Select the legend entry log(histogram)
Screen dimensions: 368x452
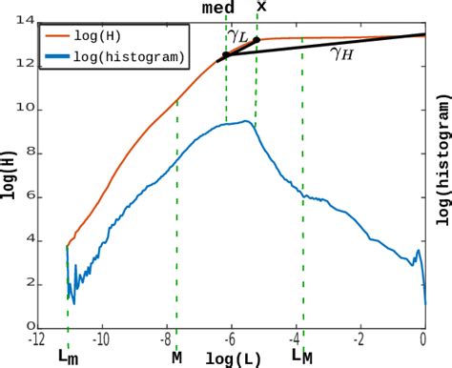[139, 58]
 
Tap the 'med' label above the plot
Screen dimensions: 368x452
[219, 8]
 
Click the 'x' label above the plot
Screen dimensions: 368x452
[261, 8]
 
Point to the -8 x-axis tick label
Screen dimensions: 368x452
[166, 338]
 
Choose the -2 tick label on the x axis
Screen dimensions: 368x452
[360, 338]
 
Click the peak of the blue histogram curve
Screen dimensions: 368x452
[247, 121]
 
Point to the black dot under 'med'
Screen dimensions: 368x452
[225, 55]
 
